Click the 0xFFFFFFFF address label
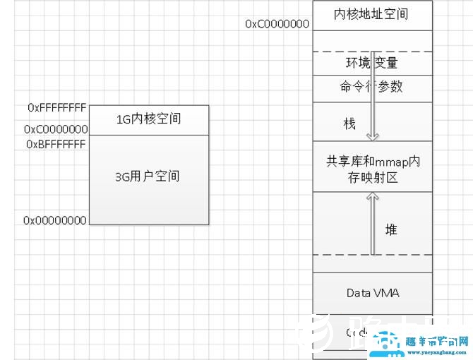click(x=56, y=108)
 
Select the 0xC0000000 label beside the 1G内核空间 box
click(x=56, y=129)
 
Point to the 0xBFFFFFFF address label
click(x=56, y=144)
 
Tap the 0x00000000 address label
click(x=55, y=220)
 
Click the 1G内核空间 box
click(x=148, y=119)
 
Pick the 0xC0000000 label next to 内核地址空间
click(x=277, y=24)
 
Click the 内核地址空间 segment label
click(x=371, y=13)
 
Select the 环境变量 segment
click(x=371, y=63)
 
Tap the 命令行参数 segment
click(x=371, y=87)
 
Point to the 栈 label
click(x=349, y=124)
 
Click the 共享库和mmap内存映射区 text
click(x=372, y=169)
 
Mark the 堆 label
click(x=391, y=230)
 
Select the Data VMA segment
click(x=372, y=292)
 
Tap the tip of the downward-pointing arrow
click(x=371, y=139)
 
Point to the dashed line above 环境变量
click(x=371, y=51)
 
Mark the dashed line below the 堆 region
click(x=371, y=255)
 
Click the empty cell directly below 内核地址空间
click(x=371, y=39)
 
